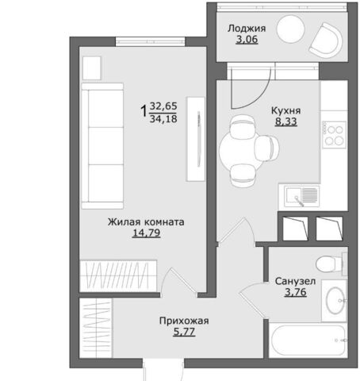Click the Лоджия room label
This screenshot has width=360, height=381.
click(x=247, y=29)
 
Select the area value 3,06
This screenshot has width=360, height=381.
click(x=247, y=40)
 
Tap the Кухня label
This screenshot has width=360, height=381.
click(x=286, y=111)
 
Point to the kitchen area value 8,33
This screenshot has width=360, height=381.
click(x=286, y=121)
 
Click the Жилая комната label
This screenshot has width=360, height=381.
click(x=146, y=221)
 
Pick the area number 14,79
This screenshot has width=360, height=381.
click(x=147, y=233)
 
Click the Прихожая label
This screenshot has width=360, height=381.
click(x=184, y=321)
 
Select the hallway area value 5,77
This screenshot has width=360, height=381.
click(x=184, y=332)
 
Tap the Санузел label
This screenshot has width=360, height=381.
click(x=295, y=281)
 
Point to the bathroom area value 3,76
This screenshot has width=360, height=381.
click(x=296, y=292)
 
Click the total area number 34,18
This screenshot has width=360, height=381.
click(x=163, y=119)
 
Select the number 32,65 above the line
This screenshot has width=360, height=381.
click(x=163, y=106)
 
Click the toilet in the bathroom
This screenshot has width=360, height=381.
click(x=331, y=264)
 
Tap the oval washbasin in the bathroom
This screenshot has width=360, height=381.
click(x=335, y=301)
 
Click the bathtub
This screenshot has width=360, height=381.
click(x=308, y=341)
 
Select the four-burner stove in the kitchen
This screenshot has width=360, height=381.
click(x=334, y=135)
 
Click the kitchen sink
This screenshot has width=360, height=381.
click(x=302, y=196)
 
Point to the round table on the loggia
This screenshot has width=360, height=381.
click(x=290, y=29)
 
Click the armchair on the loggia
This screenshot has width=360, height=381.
click(x=327, y=40)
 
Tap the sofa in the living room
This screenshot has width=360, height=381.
click(x=102, y=146)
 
